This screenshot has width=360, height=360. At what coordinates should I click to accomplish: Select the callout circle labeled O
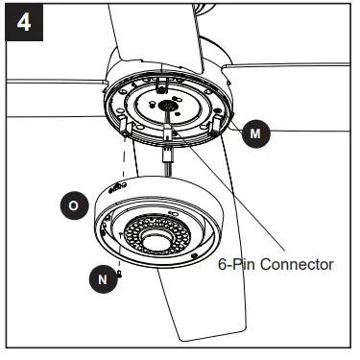73,205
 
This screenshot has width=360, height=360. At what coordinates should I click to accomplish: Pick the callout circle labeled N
102,281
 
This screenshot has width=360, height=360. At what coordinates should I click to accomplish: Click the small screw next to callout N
120,274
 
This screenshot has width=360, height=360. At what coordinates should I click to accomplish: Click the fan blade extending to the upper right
288,82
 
